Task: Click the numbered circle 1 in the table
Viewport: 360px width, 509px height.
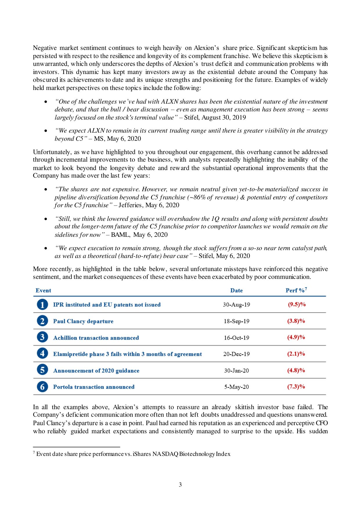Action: (x=42, y=304)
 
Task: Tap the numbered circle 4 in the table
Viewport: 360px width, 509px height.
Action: (x=42, y=354)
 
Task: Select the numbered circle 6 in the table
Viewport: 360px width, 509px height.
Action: (x=42, y=387)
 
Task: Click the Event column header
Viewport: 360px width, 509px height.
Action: (x=43, y=290)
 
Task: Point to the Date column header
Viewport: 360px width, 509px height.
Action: (x=236, y=290)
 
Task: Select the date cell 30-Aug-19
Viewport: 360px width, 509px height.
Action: (x=236, y=305)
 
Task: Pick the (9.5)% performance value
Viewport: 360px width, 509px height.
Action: (x=296, y=304)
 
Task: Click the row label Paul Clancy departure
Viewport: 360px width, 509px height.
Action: (x=83, y=321)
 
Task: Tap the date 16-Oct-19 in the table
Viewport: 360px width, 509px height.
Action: (x=236, y=338)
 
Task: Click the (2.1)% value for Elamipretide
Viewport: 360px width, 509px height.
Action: (x=296, y=354)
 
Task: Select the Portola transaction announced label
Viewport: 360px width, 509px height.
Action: (x=93, y=387)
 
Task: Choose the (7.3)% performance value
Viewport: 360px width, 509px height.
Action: (x=296, y=387)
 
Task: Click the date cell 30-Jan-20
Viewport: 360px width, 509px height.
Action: (x=236, y=371)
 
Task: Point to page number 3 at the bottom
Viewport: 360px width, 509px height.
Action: (x=180, y=485)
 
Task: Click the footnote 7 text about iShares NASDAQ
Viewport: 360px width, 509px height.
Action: (x=133, y=454)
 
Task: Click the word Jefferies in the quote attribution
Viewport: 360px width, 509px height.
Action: (x=130, y=205)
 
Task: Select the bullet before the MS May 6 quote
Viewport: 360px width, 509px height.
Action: (x=46, y=131)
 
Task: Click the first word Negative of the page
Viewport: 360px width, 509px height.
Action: (x=45, y=48)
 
